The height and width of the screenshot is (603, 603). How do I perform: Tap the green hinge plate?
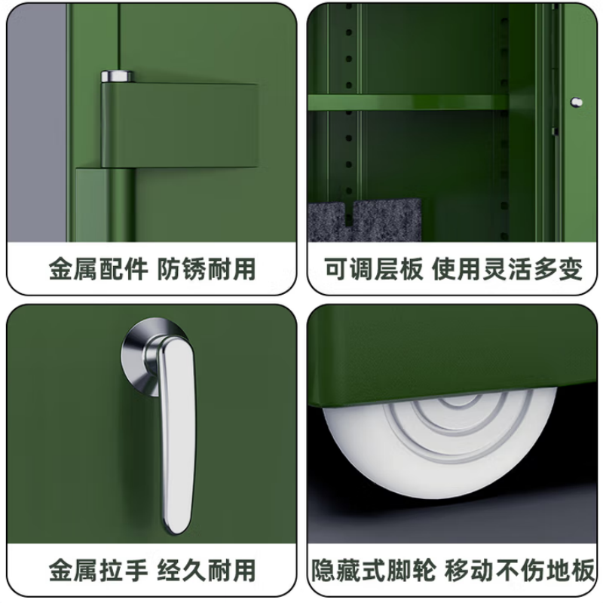[x=181, y=124]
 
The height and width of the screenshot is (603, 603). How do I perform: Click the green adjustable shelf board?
[x=407, y=103]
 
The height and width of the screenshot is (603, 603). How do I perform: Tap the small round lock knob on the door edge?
[x=577, y=101]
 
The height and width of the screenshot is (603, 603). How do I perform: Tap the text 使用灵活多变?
[x=507, y=269]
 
